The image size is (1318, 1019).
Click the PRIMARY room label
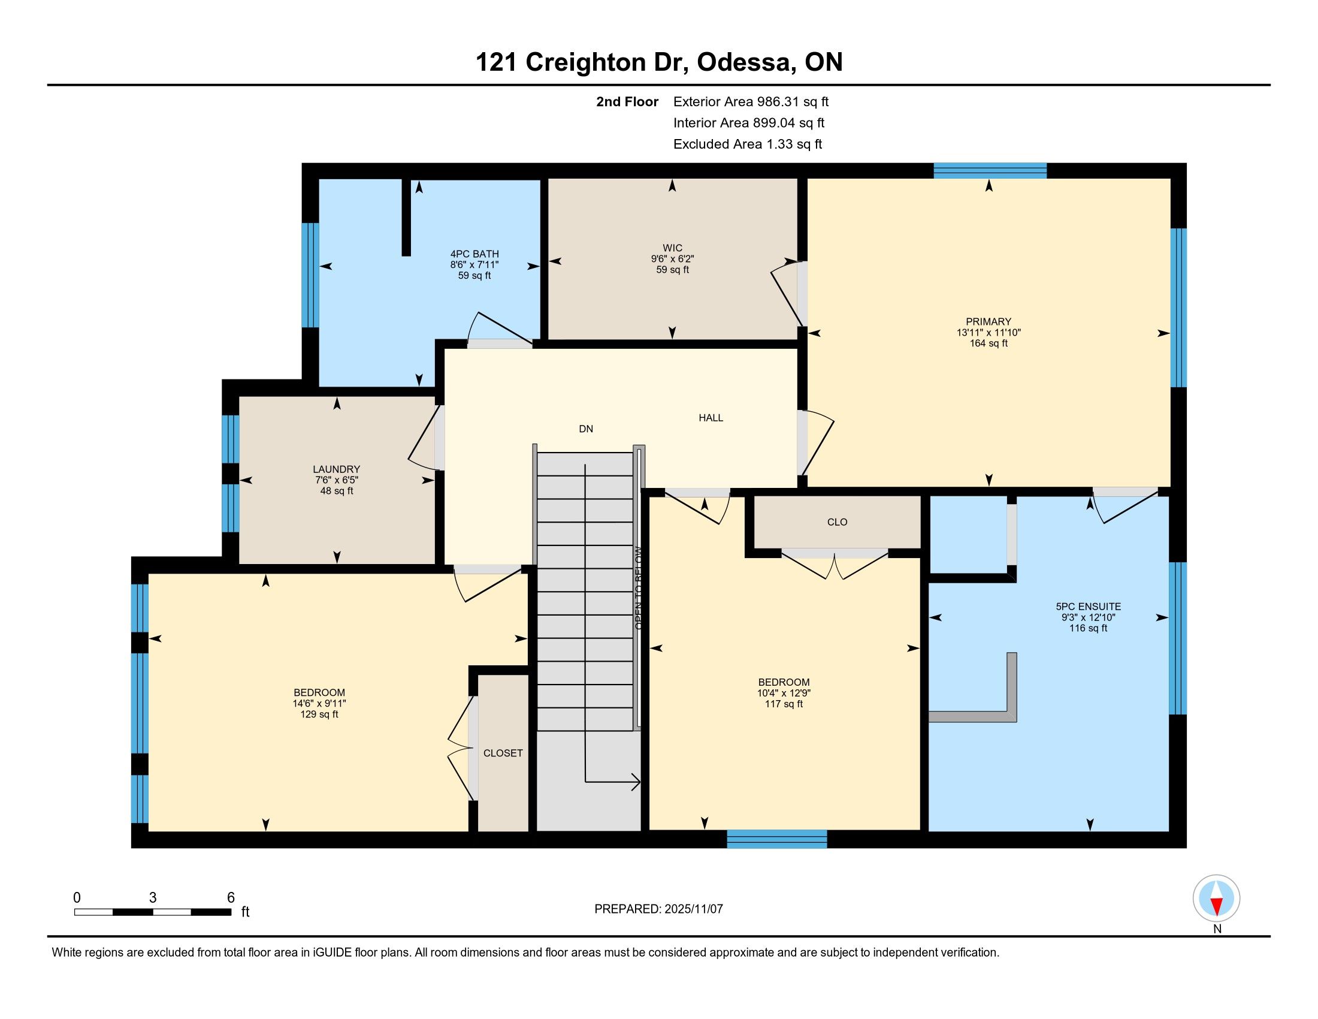(988, 322)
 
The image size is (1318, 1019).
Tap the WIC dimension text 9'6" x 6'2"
(672, 259)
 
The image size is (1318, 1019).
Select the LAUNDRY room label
(336, 469)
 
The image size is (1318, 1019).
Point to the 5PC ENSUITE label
(1088, 607)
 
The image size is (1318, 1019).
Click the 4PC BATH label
(474, 254)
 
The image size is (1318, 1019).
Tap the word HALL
(711, 418)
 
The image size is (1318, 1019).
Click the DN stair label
(586, 429)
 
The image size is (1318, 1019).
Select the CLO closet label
(837, 522)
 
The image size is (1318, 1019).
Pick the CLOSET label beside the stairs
(503, 753)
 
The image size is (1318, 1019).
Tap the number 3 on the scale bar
(153, 898)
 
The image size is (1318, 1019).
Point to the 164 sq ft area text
(988, 343)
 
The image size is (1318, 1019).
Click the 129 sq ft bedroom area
(319, 714)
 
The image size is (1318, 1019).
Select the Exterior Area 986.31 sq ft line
(751, 102)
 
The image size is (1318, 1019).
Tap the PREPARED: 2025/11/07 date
(658, 909)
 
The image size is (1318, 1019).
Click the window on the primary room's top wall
(990, 171)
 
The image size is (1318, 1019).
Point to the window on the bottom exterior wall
(776, 839)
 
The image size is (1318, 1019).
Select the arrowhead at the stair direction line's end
(636, 782)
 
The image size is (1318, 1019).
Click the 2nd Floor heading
(627, 102)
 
